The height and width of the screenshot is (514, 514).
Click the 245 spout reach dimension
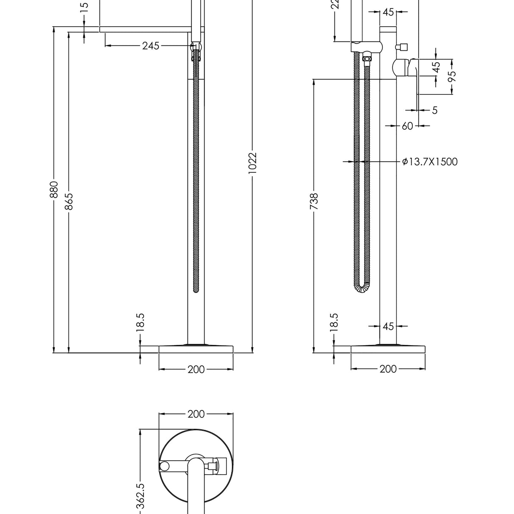tap(151, 46)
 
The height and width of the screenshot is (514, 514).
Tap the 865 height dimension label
tap(69, 201)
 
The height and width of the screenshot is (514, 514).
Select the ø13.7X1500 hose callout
tap(430, 162)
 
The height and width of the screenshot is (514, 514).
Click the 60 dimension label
tap(407, 126)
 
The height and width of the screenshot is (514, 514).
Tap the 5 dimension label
tap(435, 111)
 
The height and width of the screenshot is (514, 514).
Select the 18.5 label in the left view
tap(141, 322)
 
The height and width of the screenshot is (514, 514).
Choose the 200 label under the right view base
tap(388, 369)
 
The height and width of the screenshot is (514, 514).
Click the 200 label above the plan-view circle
tap(196, 414)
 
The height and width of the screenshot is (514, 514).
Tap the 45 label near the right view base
tap(388, 326)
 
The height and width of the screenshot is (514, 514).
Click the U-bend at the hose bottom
tap(362, 288)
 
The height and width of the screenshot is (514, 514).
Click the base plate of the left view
tap(196, 349)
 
